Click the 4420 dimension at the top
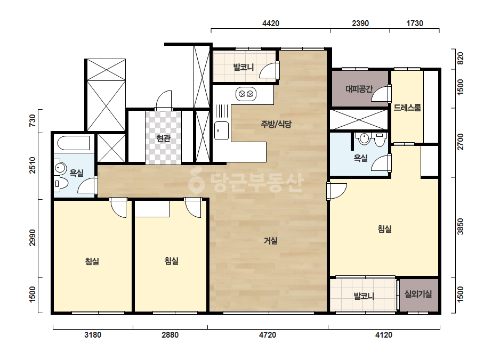click(x=270, y=23)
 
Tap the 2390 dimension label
click(x=360, y=23)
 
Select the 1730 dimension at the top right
click(x=415, y=23)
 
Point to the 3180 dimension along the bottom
click(x=93, y=335)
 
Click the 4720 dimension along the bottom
click(x=268, y=335)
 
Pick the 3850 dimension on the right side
click(x=460, y=226)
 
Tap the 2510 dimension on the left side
click(x=33, y=165)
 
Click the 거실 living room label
click(x=270, y=241)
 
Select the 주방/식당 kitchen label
click(x=276, y=124)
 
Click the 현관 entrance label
click(x=163, y=138)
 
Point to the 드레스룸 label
click(x=407, y=108)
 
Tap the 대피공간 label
click(x=359, y=89)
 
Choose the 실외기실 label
click(x=418, y=294)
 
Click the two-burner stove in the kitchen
click(x=246, y=94)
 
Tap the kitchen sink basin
click(x=222, y=130)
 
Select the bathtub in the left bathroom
click(x=74, y=143)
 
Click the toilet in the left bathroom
click(x=61, y=184)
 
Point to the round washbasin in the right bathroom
click(x=364, y=138)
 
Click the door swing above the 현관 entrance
click(x=164, y=100)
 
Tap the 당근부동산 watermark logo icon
click(x=196, y=181)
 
